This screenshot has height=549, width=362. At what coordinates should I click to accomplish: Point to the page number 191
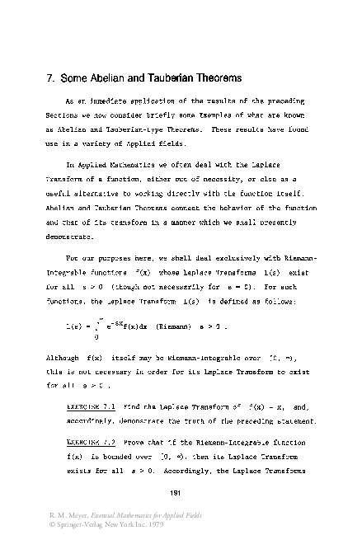coord(174,493)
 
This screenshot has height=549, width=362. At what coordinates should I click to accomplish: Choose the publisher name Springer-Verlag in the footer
coord(79,523)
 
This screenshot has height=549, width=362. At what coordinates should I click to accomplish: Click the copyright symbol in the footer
coord(43,523)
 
